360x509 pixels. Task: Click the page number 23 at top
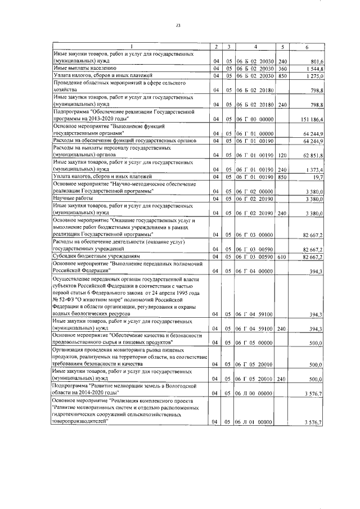pos(178,25)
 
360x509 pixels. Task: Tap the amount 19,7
pos(316,176)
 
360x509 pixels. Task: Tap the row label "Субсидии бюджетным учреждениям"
pos(92,256)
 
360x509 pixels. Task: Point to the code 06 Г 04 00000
pos(255,271)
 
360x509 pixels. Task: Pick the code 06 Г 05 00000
pos(255,342)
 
